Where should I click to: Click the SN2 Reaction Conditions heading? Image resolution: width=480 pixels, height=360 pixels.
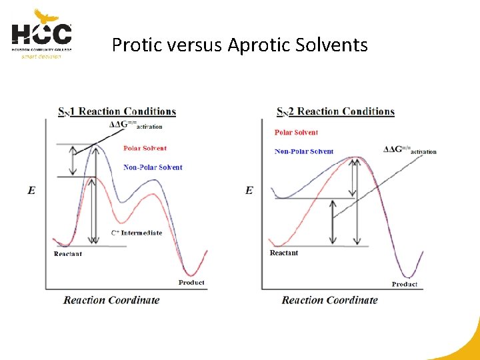(x=335, y=111)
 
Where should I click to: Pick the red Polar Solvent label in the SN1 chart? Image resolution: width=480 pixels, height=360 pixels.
(x=145, y=148)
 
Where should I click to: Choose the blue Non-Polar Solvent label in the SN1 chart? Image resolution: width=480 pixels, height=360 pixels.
(x=153, y=167)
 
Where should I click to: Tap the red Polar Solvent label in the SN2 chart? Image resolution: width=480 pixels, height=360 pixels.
(x=296, y=133)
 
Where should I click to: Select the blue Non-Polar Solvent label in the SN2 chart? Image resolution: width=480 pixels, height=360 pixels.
(x=304, y=151)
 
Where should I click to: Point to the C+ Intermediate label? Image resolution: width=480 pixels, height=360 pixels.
(x=136, y=233)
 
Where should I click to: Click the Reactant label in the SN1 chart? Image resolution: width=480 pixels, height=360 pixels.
(x=68, y=254)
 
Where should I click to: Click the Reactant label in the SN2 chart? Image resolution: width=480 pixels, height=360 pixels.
(x=284, y=253)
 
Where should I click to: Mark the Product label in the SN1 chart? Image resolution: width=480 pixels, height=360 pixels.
(x=191, y=283)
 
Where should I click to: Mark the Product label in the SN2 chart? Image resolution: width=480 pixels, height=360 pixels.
(x=405, y=284)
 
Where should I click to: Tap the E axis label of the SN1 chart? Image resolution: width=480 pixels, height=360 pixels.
(x=31, y=191)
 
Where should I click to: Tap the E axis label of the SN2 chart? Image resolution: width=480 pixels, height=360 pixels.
(x=249, y=191)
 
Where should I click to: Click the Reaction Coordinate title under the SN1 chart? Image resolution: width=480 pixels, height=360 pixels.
(x=111, y=300)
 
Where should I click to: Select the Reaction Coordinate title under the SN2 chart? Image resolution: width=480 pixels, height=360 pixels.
(x=329, y=300)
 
